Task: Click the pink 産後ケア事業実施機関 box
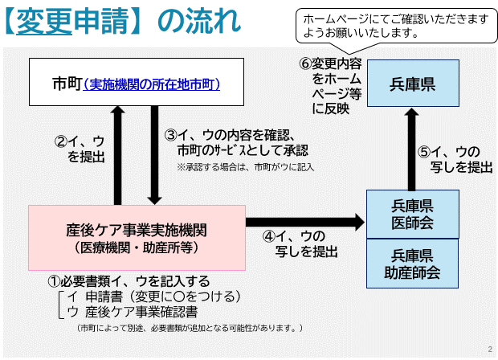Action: coord(137,237)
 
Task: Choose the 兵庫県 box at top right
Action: coord(412,83)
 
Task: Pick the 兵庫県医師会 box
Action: coord(412,213)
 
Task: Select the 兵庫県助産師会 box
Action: coord(412,264)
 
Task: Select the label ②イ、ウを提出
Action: coord(80,149)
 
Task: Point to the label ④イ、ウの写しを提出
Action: coord(299,243)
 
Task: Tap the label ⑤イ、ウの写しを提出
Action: coord(455,159)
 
